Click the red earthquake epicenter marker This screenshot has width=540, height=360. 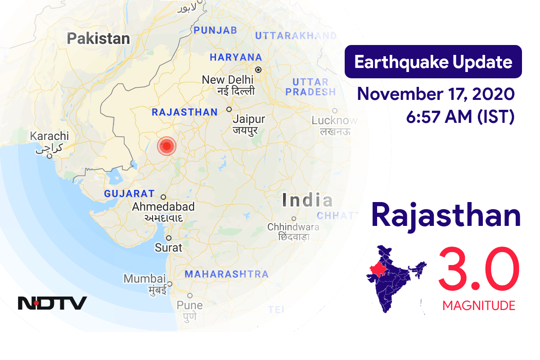166,146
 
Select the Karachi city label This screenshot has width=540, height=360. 49,136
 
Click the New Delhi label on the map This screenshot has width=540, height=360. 227,80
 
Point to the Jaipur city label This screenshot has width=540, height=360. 248,120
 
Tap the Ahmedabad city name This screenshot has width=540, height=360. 163,207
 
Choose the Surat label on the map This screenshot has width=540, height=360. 168,247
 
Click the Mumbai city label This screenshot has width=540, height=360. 144,279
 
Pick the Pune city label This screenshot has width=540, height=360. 189,305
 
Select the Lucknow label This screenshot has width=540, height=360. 334,121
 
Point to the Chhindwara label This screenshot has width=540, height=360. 293,227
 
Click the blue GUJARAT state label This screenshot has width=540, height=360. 129,194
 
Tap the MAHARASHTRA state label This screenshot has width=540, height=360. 226,274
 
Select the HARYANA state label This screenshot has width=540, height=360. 235,57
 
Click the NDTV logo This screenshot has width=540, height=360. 52,303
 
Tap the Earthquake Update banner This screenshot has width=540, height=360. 433,62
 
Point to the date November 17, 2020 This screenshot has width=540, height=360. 435,94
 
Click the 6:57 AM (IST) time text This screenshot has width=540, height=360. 460,117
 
